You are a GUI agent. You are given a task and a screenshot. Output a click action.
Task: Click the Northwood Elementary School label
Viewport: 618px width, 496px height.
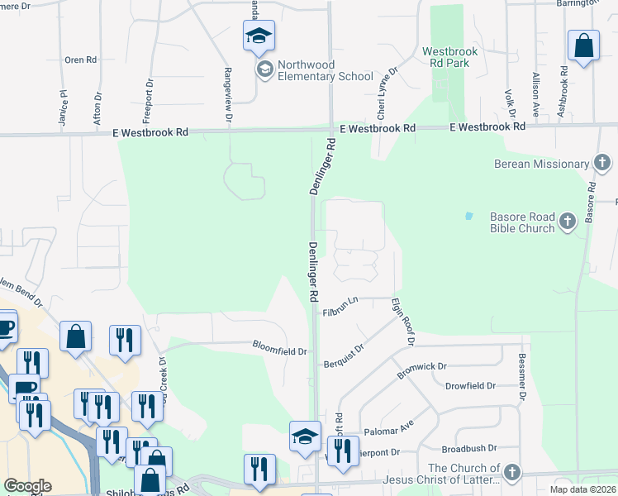326,71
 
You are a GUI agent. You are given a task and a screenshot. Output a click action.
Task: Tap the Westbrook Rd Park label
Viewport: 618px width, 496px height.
449,57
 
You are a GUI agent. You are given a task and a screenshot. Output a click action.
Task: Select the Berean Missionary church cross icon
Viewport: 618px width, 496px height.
602,163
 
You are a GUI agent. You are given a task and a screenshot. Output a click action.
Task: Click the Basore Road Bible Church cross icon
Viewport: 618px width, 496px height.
567,221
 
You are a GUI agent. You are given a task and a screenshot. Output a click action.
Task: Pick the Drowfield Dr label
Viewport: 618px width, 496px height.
470,386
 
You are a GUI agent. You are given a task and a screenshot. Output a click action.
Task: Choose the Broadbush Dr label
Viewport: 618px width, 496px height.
468,449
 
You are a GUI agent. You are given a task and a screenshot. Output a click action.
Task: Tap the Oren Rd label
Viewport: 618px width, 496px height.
81,60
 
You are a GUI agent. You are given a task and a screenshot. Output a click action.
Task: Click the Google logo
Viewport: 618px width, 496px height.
27,486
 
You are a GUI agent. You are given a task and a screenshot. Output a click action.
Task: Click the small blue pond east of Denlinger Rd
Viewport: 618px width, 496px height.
468,217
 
